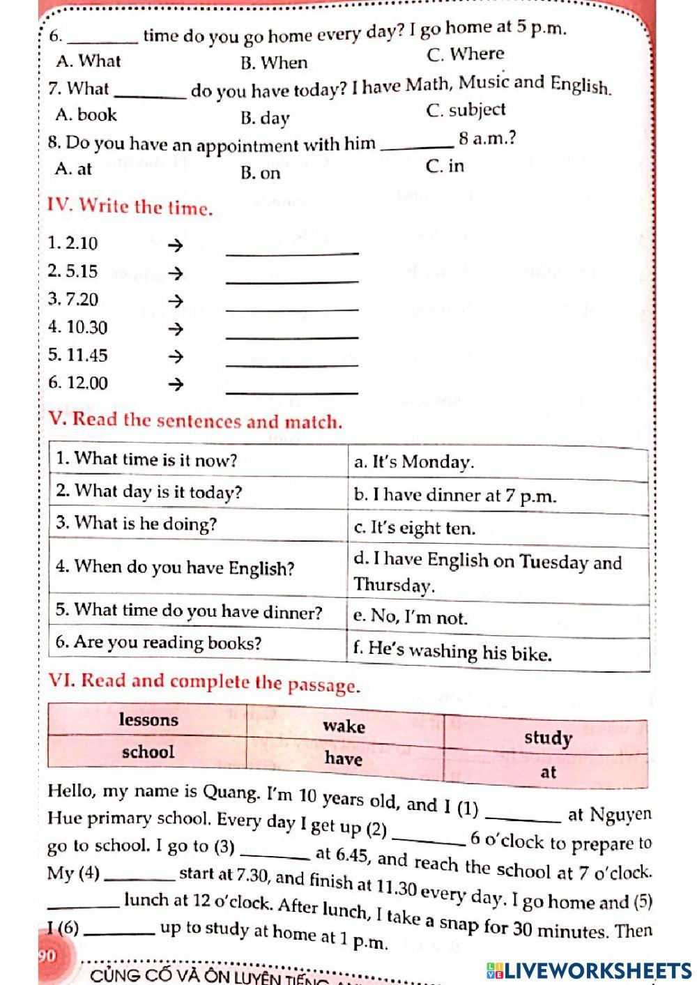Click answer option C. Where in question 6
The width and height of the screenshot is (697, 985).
tap(465, 54)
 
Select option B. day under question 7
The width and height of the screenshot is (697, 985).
tap(264, 118)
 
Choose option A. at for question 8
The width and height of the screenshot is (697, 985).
tap(73, 169)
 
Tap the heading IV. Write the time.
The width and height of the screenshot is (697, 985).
tap(130, 206)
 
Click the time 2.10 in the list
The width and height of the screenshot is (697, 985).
tap(73, 243)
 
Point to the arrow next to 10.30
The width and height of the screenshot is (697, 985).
tap(176, 328)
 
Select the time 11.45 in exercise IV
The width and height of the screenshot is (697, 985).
tap(78, 356)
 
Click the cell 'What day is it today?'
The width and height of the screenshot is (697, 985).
tap(149, 491)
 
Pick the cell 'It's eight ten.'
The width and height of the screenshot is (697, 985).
tap(415, 528)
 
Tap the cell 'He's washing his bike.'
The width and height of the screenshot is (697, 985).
tap(452, 652)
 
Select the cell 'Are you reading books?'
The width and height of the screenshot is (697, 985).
tap(158, 642)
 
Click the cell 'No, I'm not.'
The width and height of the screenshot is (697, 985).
tap(411, 617)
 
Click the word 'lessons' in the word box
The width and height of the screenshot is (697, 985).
tap(148, 719)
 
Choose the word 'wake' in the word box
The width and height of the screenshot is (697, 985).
tap(344, 726)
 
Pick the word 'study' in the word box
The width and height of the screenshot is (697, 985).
tap(548, 738)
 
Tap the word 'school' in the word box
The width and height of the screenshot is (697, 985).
tap(148, 751)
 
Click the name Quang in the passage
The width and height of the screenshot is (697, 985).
tap(230, 793)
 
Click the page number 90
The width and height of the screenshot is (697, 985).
tap(47, 956)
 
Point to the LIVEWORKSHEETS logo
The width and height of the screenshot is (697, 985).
tap(588, 970)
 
